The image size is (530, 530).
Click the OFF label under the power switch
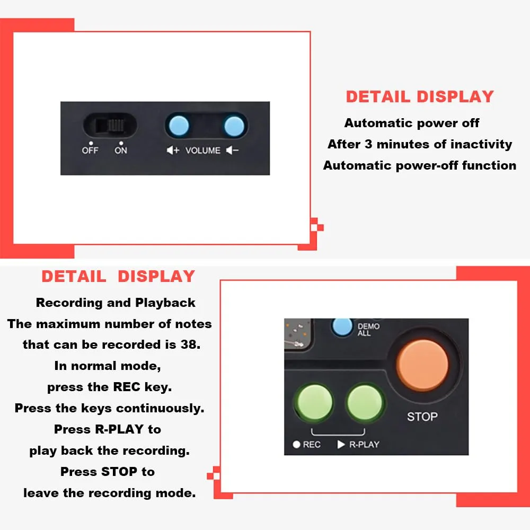(x=90, y=150)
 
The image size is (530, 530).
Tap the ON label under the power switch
(x=121, y=150)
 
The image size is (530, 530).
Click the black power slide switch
(x=110, y=126)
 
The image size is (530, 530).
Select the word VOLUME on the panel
(x=203, y=151)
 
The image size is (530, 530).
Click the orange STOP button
(x=422, y=365)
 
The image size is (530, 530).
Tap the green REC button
(x=314, y=402)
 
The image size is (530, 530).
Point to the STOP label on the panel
(x=422, y=417)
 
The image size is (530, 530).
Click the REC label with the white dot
(x=306, y=445)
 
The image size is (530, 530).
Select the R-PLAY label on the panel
(x=358, y=445)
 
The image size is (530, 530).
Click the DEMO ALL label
(x=368, y=330)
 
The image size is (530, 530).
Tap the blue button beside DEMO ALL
(x=342, y=326)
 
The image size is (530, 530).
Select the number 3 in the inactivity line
(x=368, y=144)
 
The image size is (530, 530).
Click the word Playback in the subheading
(x=165, y=303)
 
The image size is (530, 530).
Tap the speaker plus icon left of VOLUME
(x=173, y=150)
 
